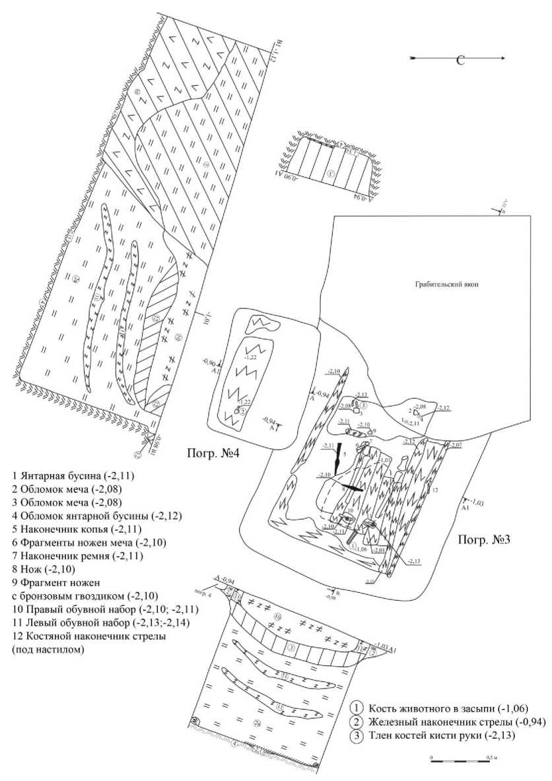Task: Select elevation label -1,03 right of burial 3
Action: pos(477,503)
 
